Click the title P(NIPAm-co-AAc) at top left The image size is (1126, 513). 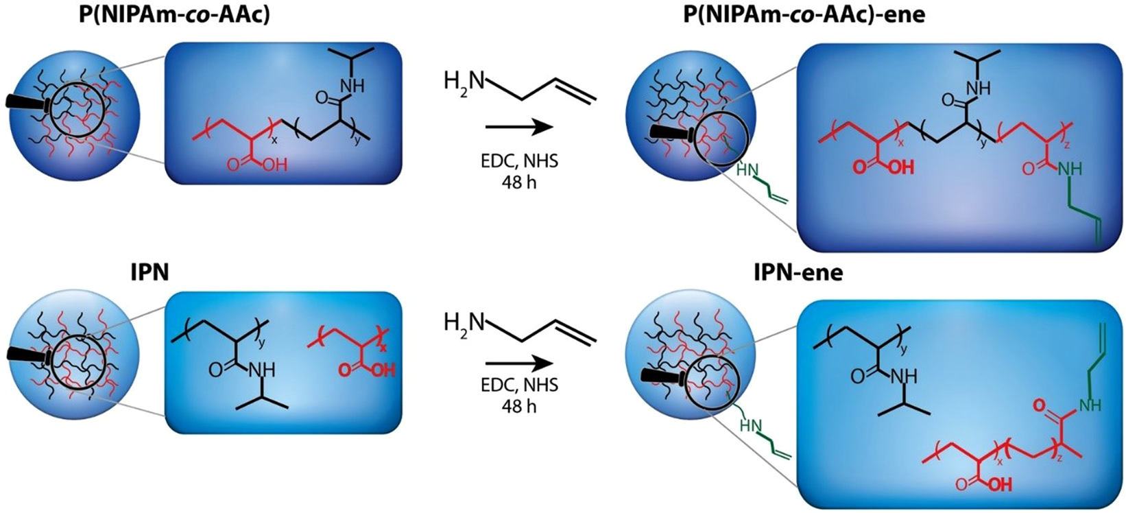(174, 15)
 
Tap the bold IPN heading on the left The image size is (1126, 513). (149, 274)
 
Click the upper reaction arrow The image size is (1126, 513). (518, 128)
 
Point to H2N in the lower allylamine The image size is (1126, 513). (464, 322)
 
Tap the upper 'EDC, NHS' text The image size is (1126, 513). (519, 162)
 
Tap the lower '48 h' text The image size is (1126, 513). (518, 406)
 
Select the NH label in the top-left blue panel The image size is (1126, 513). (351, 86)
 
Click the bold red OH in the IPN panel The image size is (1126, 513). (384, 370)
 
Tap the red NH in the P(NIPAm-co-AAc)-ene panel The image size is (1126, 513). (1072, 169)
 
